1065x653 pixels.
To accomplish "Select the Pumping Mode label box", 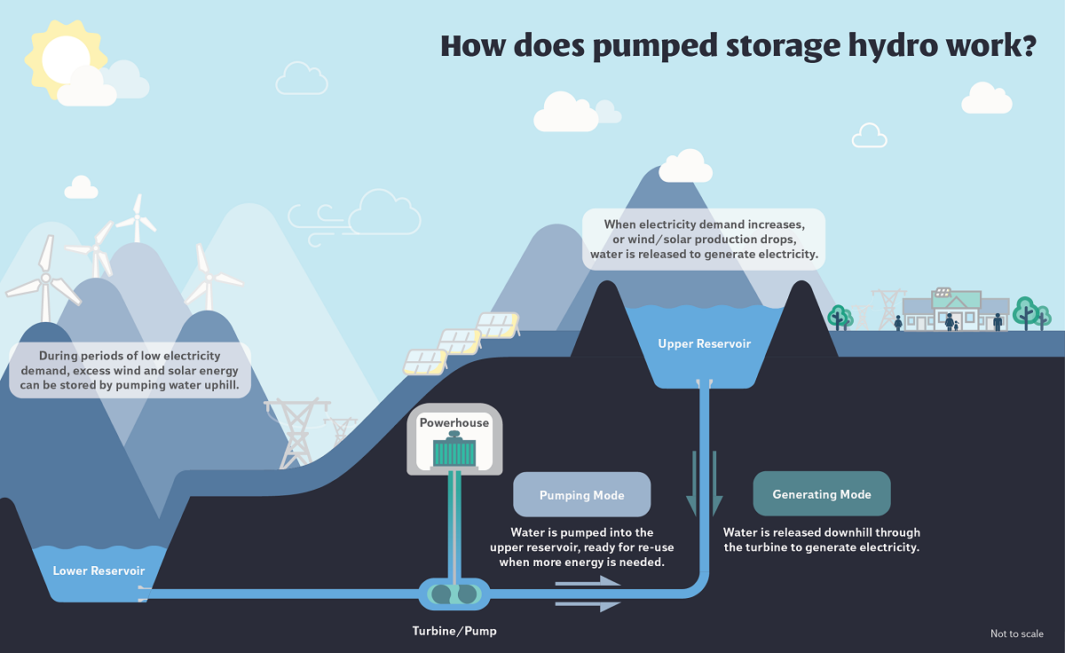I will (581, 495).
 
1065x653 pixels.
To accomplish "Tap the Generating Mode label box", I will (821, 494).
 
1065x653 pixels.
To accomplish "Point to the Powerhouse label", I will (454, 422).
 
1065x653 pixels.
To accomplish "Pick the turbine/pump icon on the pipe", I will (454, 594).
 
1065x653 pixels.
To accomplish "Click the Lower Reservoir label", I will (99, 570).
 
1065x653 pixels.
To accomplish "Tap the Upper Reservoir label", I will (705, 343).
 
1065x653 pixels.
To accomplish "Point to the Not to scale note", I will (1016, 633).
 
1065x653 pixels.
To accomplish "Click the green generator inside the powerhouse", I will (454, 452).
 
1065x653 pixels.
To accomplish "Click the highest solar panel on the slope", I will (498, 325).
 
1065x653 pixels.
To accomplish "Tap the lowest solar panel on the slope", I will (425, 361).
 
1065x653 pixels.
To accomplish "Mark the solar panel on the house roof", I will (943, 292).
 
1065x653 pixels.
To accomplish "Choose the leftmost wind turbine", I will (44, 279).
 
